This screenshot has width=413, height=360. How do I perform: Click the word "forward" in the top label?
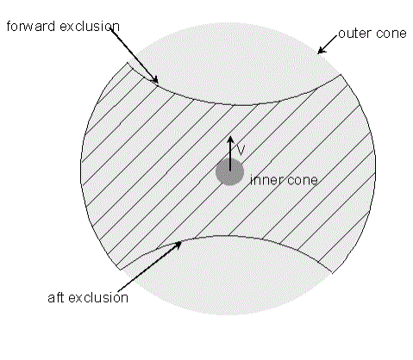pyautogui.click(x=31, y=27)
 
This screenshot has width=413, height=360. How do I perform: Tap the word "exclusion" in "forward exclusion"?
pyautogui.click(x=90, y=27)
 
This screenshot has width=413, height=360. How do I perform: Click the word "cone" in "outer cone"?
pyautogui.click(x=391, y=34)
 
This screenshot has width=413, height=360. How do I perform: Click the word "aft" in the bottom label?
pyautogui.click(x=56, y=298)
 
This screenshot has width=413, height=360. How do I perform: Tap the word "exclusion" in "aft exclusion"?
pyautogui.click(x=98, y=298)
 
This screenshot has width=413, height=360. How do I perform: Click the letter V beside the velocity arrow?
pyautogui.click(x=241, y=150)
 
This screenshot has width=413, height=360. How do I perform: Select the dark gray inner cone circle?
pyautogui.click(x=230, y=172)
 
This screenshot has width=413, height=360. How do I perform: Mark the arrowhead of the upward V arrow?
pyautogui.click(x=230, y=140)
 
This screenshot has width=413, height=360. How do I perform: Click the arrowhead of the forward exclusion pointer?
pyautogui.click(x=155, y=79)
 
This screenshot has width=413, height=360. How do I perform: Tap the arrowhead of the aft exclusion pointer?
pyautogui.click(x=178, y=245)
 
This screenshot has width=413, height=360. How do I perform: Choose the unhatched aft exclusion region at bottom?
pyautogui.click(x=227, y=276)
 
